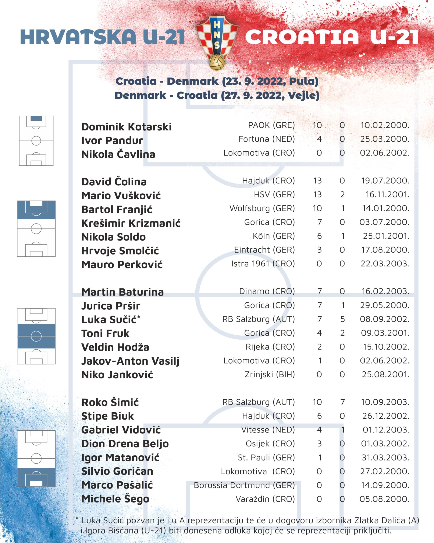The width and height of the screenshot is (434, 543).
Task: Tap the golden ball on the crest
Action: [x=217, y=62]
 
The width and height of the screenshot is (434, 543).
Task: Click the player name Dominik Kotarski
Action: [x=126, y=127]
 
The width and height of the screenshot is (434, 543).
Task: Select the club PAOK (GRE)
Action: [x=271, y=125]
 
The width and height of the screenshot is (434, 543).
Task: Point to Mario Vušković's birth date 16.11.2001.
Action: [x=387, y=195]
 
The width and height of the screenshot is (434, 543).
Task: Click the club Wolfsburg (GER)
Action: [x=262, y=208]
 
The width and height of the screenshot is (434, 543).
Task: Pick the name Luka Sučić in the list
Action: [x=109, y=320]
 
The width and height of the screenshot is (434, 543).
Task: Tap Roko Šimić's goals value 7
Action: [x=342, y=402]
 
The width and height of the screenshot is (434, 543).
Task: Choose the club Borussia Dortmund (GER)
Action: [x=244, y=485]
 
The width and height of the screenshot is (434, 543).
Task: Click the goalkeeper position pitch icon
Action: [x=36, y=141]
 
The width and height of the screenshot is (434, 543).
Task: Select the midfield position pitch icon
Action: [x=36, y=336]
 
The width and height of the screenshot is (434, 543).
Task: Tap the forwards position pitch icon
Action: [x=36, y=458]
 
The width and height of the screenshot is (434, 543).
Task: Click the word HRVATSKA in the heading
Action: [x=78, y=37]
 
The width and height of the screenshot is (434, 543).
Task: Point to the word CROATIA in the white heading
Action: [x=302, y=37]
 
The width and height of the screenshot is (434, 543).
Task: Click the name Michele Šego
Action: [x=115, y=499]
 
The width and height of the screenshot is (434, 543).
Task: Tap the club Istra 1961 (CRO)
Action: [x=263, y=264]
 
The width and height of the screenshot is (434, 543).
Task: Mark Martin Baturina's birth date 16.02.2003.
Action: [x=385, y=291]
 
